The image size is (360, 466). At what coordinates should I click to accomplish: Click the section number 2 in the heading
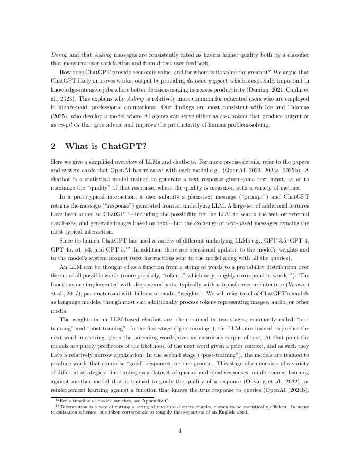pyautogui.click(x=53, y=146)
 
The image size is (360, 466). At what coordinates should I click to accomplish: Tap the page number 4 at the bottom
pyautogui.click(x=180, y=431)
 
